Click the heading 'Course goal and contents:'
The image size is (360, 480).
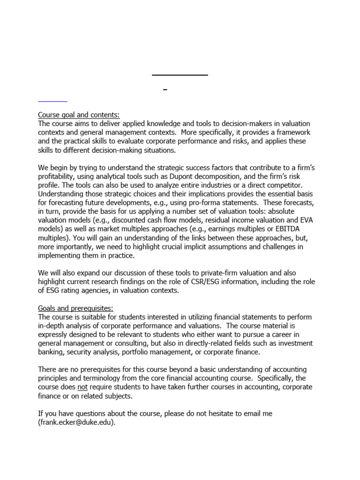78,115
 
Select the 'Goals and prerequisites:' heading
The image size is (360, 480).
75,308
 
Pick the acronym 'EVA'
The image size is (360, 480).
303,220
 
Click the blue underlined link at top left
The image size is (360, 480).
52,100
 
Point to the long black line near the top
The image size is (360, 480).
180,75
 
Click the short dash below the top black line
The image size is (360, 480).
165,90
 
